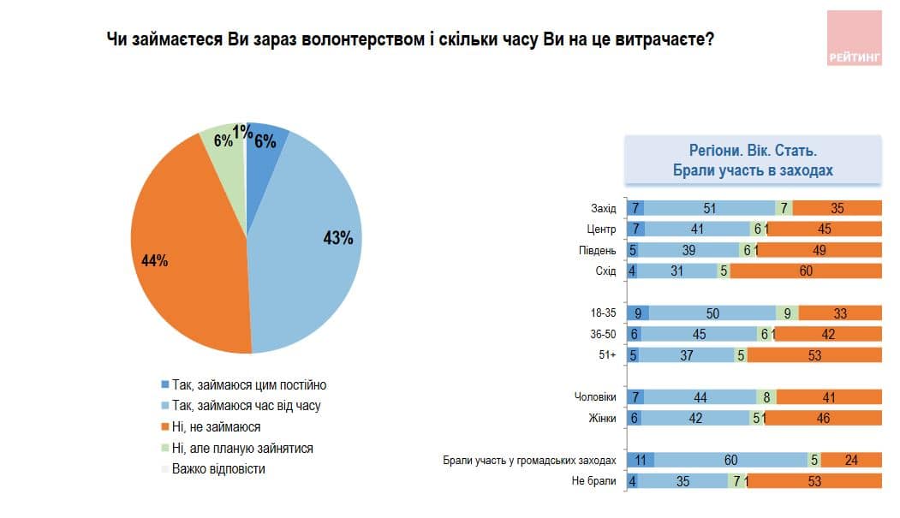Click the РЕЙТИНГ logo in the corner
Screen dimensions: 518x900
pos(854,39)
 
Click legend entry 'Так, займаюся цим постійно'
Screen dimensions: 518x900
pos(249,385)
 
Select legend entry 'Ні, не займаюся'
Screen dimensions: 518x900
pos(216,426)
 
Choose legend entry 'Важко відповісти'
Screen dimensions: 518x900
pos(218,468)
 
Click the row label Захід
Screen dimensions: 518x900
pos(603,208)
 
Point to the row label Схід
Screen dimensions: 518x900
pos(605,271)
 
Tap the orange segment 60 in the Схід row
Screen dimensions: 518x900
pos(805,271)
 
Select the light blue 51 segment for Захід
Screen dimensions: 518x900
pos(709,208)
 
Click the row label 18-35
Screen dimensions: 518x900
pos(602,313)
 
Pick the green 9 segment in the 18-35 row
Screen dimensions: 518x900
pos(787,313)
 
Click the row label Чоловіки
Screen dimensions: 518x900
pos(595,397)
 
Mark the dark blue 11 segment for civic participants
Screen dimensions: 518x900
pos(641,460)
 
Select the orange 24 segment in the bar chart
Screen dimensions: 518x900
pos(851,460)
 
